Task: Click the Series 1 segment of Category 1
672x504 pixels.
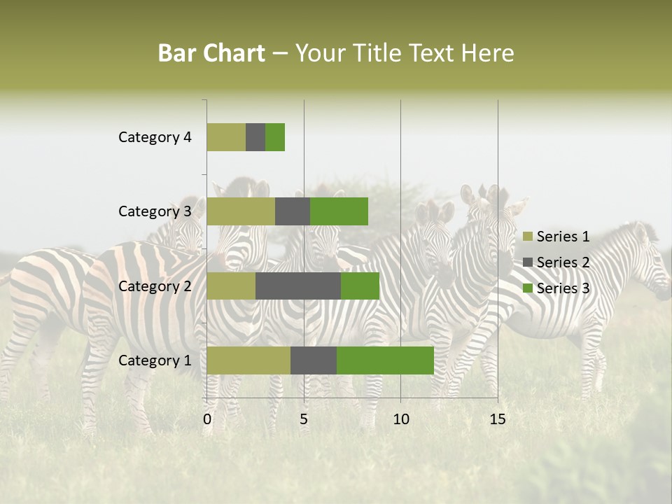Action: (x=248, y=360)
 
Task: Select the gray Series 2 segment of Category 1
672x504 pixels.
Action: (x=314, y=360)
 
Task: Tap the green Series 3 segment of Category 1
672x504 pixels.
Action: (x=385, y=360)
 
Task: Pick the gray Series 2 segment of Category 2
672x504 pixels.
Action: (x=298, y=286)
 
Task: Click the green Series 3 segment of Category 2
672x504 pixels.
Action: (x=360, y=286)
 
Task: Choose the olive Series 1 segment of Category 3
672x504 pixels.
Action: (x=241, y=211)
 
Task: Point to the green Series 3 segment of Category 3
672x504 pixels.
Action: (x=339, y=211)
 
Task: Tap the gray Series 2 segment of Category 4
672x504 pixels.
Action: (x=255, y=137)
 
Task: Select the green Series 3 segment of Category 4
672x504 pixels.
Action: (x=275, y=137)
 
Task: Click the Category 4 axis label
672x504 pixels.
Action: (x=155, y=137)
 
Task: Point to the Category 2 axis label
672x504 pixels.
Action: (x=155, y=286)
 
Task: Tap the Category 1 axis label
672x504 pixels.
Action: (x=155, y=360)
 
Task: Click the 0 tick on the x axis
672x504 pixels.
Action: (x=207, y=419)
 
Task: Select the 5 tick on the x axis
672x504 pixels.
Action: (x=304, y=419)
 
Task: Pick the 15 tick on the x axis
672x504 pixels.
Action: (x=497, y=419)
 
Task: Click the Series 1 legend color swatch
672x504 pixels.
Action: (x=527, y=237)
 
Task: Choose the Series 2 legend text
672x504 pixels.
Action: (x=563, y=262)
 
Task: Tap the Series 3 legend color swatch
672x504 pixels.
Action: (x=527, y=288)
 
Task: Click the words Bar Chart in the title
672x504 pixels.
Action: (x=211, y=53)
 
